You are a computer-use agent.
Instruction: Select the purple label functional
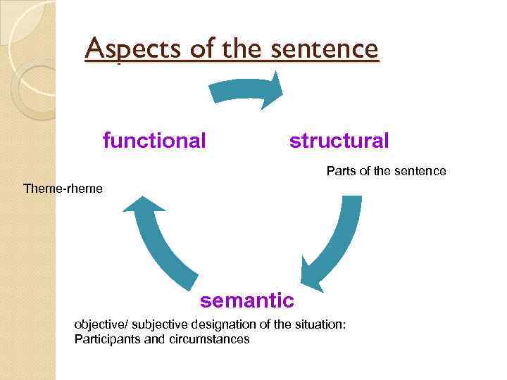[154, 141]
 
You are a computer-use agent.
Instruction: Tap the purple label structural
[339, 141]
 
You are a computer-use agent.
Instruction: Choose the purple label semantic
[247, 300]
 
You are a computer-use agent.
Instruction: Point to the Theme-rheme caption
[63, 189]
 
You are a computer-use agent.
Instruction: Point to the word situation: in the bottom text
[323, 324]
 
